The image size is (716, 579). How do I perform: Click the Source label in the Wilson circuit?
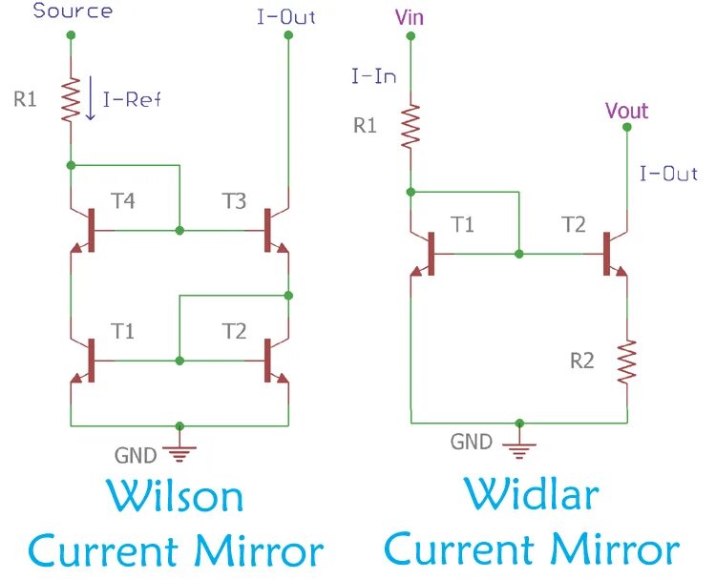pos(72,11)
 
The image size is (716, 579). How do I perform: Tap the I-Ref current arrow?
pos(90,100)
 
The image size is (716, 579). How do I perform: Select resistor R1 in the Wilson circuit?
pos(70,99)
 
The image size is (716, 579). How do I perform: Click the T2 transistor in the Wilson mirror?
pos(271,362)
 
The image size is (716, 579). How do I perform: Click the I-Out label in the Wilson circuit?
pos(286,16)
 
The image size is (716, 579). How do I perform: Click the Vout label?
pos(626,111)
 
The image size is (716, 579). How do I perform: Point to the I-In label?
pos(373,75)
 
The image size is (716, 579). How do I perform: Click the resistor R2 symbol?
pos(627,362)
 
